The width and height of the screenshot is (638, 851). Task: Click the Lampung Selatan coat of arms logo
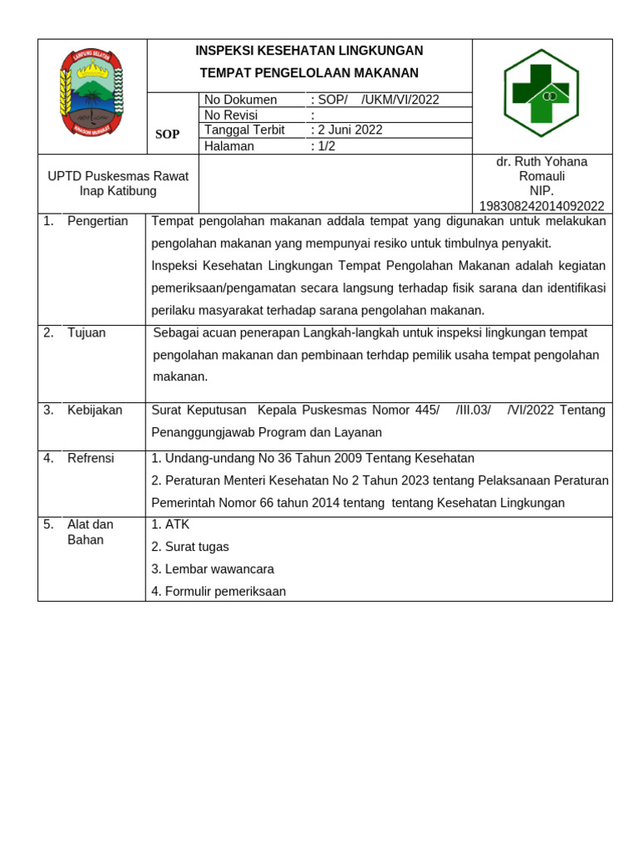click(91, 92)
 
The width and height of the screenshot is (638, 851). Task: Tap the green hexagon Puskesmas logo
click(541, 93)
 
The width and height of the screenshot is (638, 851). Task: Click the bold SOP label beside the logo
click(167, 135)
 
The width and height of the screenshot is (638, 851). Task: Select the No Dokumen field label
click(240, 100)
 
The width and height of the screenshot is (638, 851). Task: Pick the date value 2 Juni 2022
click(346, 130)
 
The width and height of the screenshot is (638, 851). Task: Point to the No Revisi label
click(231, 115)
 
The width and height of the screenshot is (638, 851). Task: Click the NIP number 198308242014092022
click(542, 206)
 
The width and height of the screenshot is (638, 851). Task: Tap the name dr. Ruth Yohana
click(542, 161)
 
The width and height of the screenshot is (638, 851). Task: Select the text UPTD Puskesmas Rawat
click(118, 176)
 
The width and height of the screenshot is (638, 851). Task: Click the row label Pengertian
click(97, 221)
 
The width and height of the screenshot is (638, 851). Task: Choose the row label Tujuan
click(86, 332)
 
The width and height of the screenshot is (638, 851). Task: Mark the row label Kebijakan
click(95, 410)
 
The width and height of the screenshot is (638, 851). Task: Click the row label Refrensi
click(91, 458)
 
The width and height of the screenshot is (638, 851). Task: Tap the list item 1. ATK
click(170, 524)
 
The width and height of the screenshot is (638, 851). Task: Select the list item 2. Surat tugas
click(190, 547)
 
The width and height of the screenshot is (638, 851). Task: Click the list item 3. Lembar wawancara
click(213, 569)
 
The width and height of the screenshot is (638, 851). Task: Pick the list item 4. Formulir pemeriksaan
click(218, 592)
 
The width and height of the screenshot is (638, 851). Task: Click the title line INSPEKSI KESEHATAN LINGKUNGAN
click(309, 51)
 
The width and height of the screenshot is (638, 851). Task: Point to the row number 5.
click(48, 524)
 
